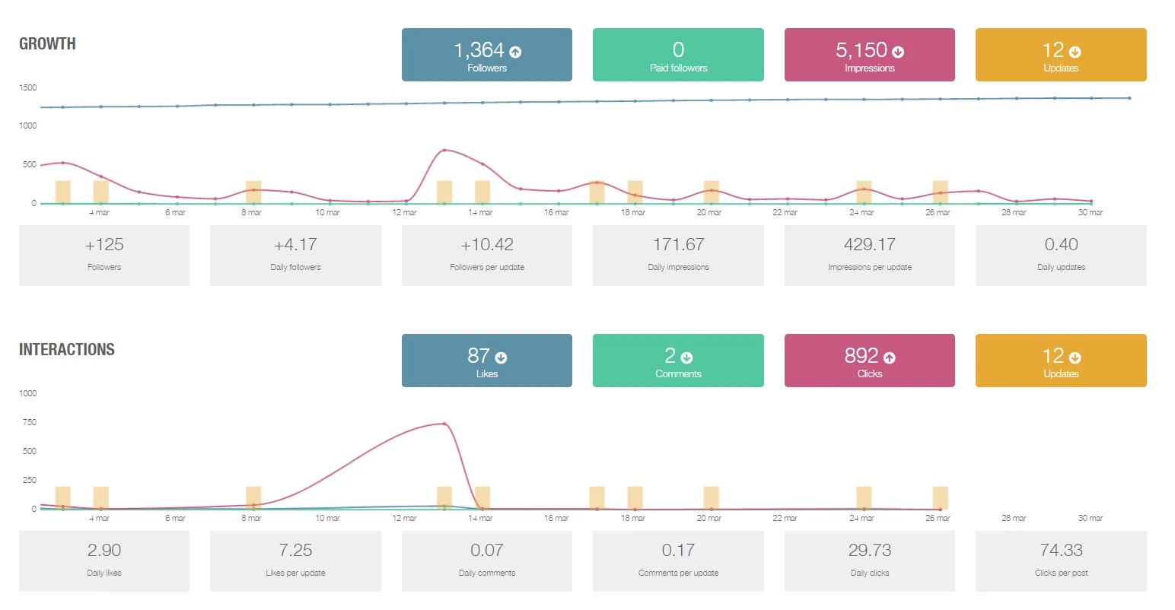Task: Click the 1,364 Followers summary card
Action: pyautogui.click(x=486, y=55)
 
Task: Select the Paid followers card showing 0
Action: pyautogui.click(x=678, y=55)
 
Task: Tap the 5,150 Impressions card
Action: pyautogui.click(x=869, y=55)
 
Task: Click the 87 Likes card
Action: pyautogui.click(x=486, y=361)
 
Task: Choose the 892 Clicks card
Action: pyautogui.click(x=869, y=361)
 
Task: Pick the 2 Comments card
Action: pyautogui.click(x=678, y=361)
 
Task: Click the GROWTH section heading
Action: pyautogui.click(x=47, y=44)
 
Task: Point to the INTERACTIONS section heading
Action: pyautogui.click(x=67, y=350)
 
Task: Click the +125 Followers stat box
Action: pyautogui.click(x=104, y=255)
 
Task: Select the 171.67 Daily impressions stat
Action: pyautogui.click(x=678, y=255)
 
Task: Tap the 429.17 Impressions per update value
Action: pyautogui.click(x=869, y=245)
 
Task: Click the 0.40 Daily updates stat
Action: pyautogui.click(x=1061, y=255)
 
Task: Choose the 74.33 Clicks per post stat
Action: pyautogui.click(x=1061, y=561)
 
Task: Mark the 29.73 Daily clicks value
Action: pyautogui.click(x=869, y=551)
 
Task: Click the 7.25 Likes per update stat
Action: pyautogui.click(x=295, y=561)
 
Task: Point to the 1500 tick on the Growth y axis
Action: pyautogui.click(x=28, y=87)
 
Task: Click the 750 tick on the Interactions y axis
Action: pyautogui.click(x=29, y=422)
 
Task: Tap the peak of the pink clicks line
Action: pyautogui.click(x=444, y=424)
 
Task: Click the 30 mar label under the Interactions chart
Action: pyautogui.click(x=1090, y=518)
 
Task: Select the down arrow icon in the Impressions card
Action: pyautogui.click(x=898, y=52)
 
